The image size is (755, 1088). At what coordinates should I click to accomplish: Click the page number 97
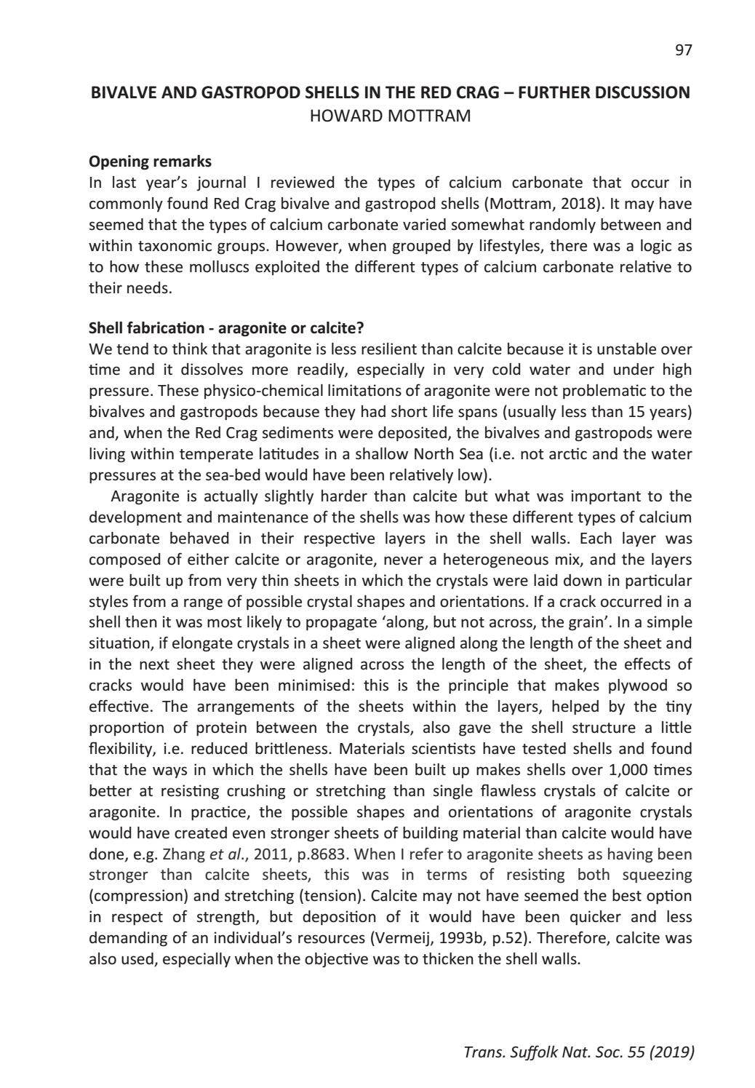click(683, 50)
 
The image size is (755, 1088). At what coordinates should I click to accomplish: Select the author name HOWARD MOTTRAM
click(390, 116)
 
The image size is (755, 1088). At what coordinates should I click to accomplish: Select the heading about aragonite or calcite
click(226, 328)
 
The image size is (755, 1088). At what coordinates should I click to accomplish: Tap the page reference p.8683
click(323, 854)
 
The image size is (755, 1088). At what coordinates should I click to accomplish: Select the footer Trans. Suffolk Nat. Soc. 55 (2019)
click(578, 1052)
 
